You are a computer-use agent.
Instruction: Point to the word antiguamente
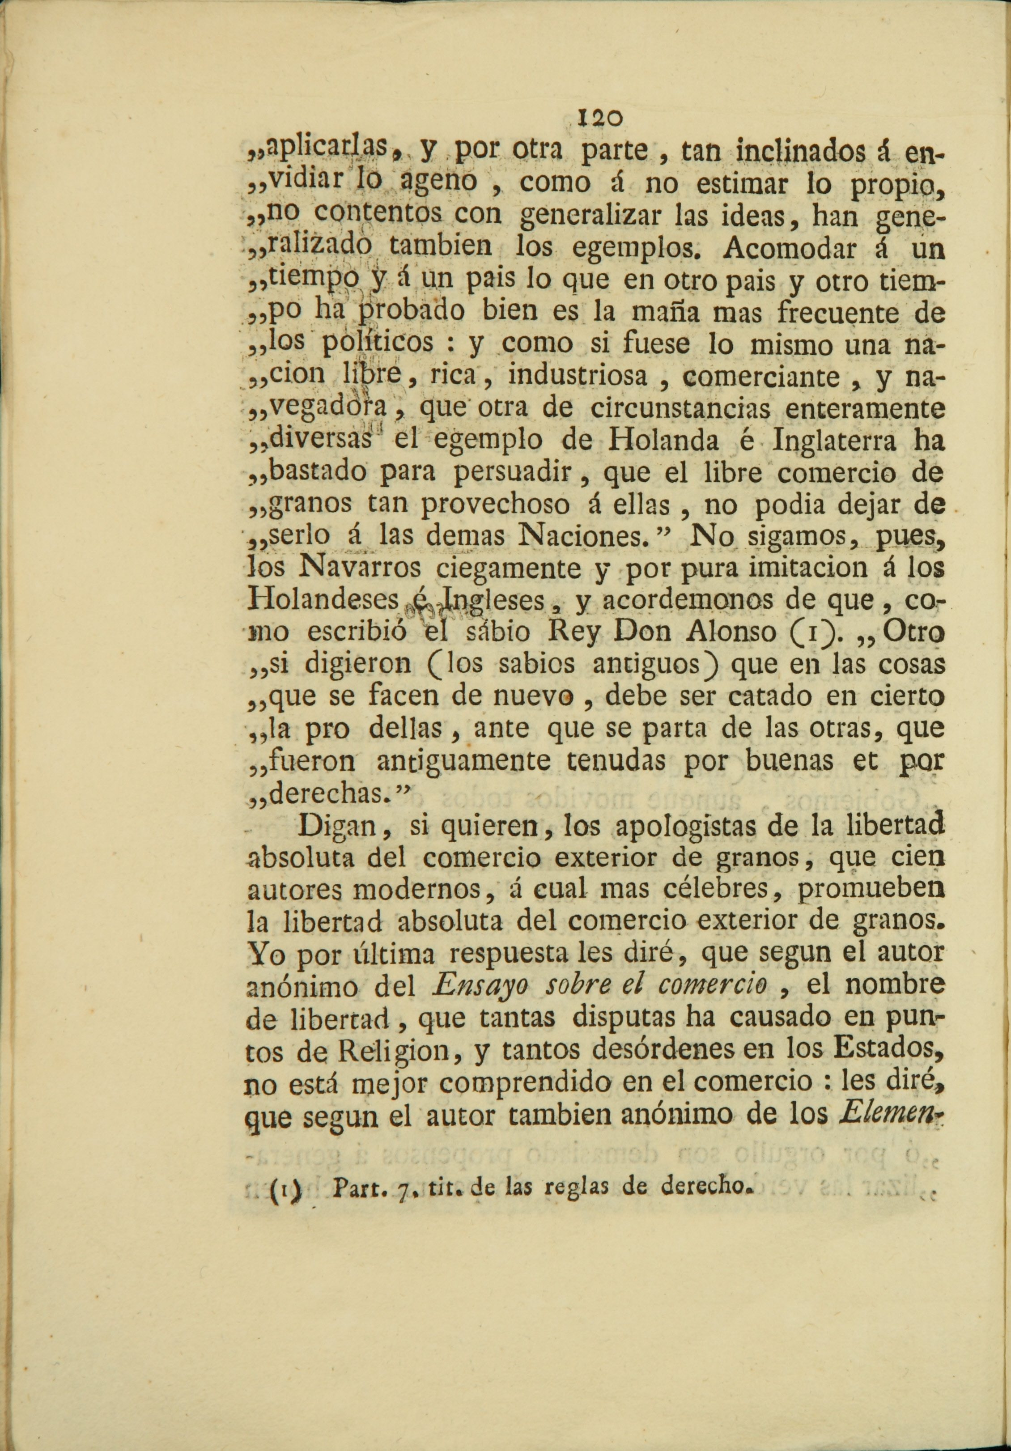[463, 761]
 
